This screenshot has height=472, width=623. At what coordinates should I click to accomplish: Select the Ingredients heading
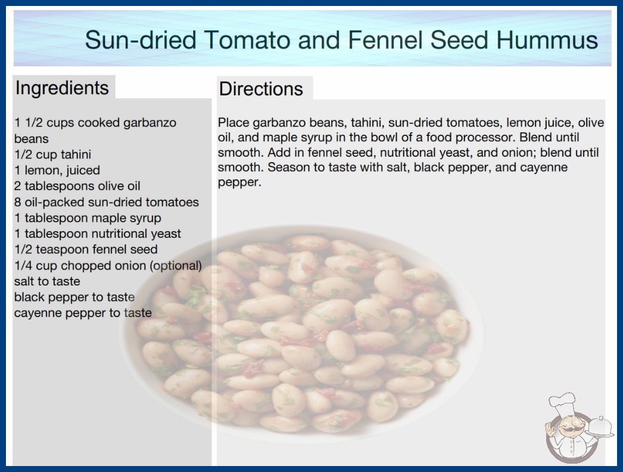point(62,88)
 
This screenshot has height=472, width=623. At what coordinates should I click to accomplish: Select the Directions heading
point(261,89)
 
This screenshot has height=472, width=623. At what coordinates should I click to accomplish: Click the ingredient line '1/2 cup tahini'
point(53,154)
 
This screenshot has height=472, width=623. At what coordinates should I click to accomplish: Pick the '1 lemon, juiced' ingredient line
point(57,170)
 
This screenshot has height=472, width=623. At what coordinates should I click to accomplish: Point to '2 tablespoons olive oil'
point(77,186)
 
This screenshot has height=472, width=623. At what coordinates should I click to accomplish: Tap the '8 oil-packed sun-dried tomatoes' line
point(107,202)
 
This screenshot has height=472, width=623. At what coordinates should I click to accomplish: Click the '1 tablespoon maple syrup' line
point(88,218)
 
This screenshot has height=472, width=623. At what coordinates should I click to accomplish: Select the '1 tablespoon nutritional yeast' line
point(98,234)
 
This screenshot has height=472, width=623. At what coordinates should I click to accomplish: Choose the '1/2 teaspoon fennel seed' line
point(86,249)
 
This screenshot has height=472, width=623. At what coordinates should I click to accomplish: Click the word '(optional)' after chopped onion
point(176,266)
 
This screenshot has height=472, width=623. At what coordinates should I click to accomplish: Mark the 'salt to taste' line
point(47,281)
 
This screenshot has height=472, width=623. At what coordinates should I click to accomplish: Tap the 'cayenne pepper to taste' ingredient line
point(83,313)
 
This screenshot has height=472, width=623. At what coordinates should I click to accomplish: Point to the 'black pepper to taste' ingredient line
point(74,297)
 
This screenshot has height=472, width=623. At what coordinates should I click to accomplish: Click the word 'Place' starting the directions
point(233,123)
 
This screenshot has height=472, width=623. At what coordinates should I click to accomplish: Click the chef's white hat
point(562,403)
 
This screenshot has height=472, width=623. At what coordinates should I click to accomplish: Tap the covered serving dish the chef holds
point(600,427)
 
